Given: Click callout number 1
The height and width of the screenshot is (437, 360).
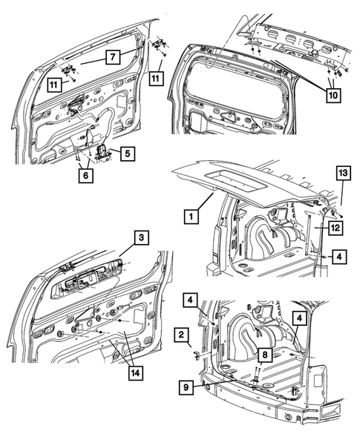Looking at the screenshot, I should [x=191, y=217].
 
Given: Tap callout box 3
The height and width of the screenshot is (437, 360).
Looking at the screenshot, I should [x=139, y=237].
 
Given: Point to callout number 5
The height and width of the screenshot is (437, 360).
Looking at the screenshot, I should [x=126, y=154].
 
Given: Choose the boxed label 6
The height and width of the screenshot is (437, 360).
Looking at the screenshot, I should [x=88, y=175].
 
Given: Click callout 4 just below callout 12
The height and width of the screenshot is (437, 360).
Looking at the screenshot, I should [x=338, y=256].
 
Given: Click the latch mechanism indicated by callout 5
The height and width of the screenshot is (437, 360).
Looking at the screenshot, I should [x=102, y=155].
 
